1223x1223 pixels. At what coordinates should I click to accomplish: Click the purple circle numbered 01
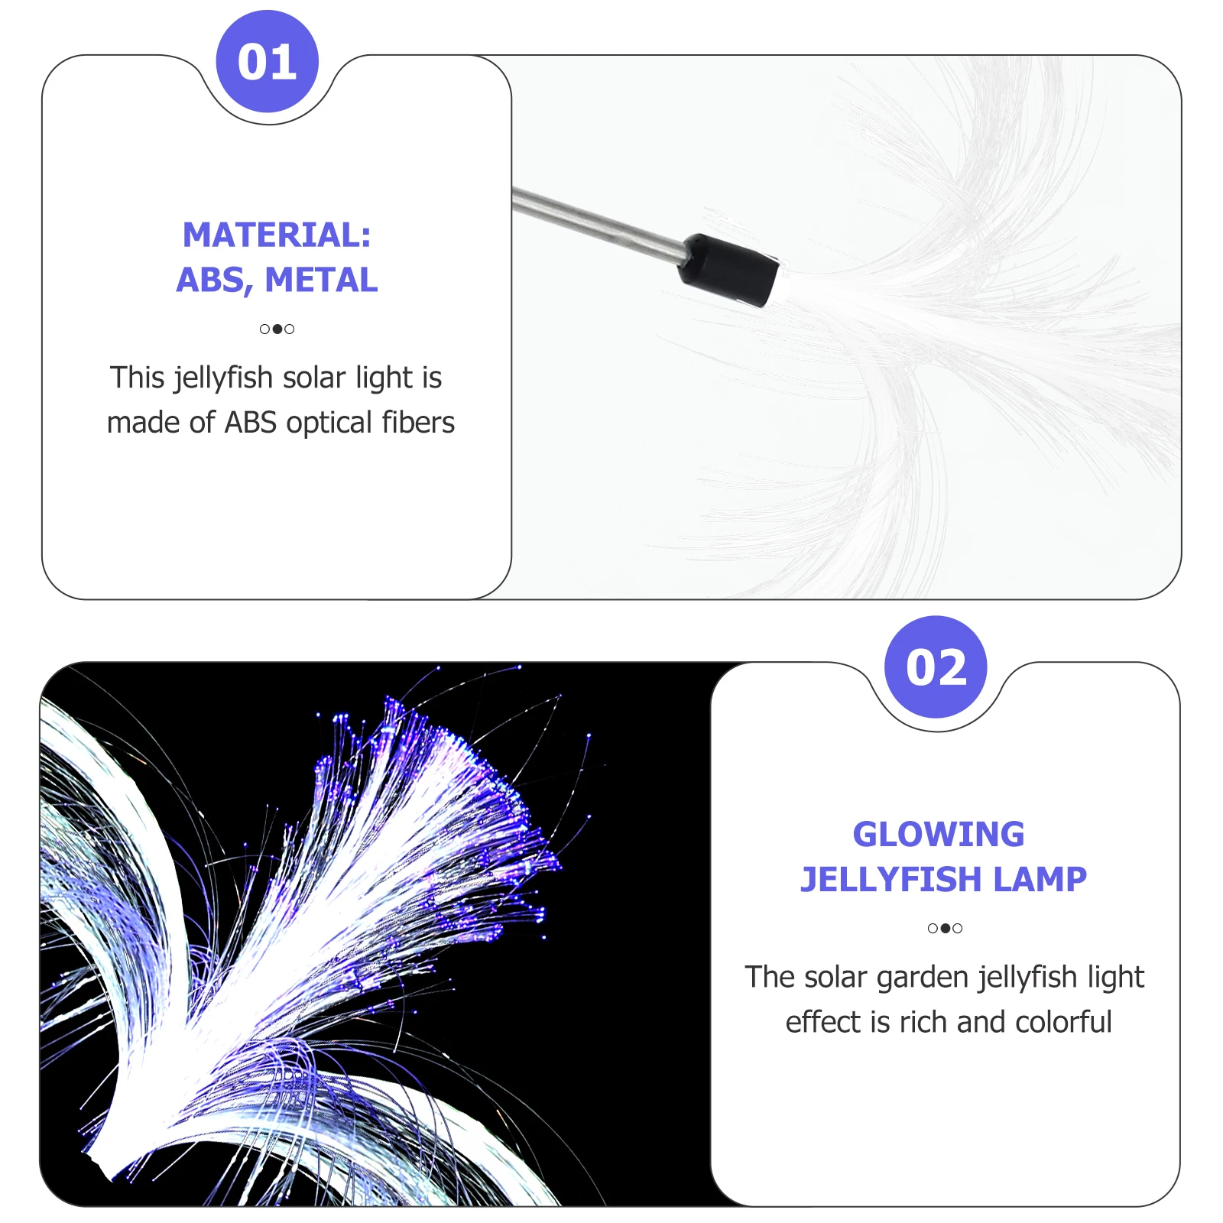click(267, 62)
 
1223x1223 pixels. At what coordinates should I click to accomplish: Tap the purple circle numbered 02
click(936, 667)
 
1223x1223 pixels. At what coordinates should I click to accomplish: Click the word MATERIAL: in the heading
click(277, 235)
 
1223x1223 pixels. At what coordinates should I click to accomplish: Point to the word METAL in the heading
click(321, 281)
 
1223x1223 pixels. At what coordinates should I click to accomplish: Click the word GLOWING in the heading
click(938, 834)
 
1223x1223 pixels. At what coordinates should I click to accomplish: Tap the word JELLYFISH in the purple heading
click(879, 880)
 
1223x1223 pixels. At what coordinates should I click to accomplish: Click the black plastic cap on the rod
click(728, 269)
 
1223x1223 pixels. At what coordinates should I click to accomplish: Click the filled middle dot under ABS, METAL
click(277, 329)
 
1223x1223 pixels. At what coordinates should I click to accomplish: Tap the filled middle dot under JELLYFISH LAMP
click(946, 929)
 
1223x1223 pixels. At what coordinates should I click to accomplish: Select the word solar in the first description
click(313, 378)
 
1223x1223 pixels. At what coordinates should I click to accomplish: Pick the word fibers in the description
click(418, 423)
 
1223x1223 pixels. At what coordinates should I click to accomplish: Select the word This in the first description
click(138, 378)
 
